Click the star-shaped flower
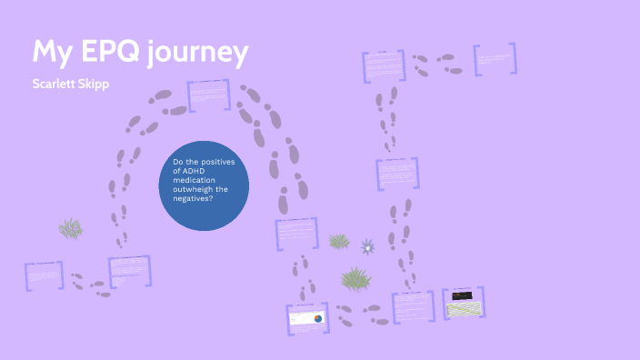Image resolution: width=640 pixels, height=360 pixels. pyautogui.click(x=367, y=246)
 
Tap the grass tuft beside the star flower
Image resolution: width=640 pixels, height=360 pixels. pyautogui.click(x=339, y=241)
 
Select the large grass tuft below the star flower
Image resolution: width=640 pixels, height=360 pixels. pyautogui.click(x=355, y=277)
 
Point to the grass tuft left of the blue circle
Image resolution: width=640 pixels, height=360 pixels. pyautogui.click(x=71, y=227)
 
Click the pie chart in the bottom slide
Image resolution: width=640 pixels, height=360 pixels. pyautogui.click(x=317, y=318)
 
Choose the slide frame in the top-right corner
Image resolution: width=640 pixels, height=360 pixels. pyautogui.click(x=496, y=59)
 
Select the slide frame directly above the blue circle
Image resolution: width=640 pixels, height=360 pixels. pyautogui.click(x=211, y=95)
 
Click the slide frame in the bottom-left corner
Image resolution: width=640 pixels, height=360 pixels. pyautogui.click(x=44, y=275)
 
